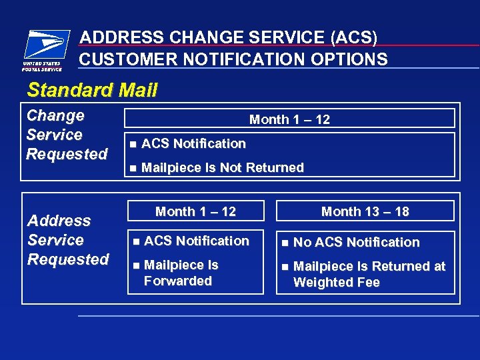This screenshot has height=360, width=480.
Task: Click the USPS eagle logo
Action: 43,45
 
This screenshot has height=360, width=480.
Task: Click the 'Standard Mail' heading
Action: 92,90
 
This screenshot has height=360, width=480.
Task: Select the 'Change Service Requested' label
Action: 66,135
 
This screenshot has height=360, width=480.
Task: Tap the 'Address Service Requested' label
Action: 67,240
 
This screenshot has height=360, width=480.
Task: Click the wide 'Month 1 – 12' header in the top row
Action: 289,119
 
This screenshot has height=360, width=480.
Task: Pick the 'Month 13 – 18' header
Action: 365,211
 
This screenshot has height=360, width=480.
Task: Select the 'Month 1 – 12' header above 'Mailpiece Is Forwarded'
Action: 195,211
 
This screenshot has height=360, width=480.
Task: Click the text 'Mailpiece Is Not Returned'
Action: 223,167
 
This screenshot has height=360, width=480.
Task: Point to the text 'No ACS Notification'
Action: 357,242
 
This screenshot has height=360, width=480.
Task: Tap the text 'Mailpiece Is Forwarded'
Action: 179,273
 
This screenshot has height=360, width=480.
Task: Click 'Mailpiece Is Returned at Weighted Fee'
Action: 369,274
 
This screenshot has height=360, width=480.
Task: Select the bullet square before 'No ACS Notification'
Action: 285,243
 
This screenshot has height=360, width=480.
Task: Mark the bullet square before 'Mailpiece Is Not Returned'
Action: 133,168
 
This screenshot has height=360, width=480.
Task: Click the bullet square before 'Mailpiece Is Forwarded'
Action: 136,265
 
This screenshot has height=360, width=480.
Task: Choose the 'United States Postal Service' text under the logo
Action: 42,66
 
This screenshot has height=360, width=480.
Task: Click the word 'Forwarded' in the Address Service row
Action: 178,281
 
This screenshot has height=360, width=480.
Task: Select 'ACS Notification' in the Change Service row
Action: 193,143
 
